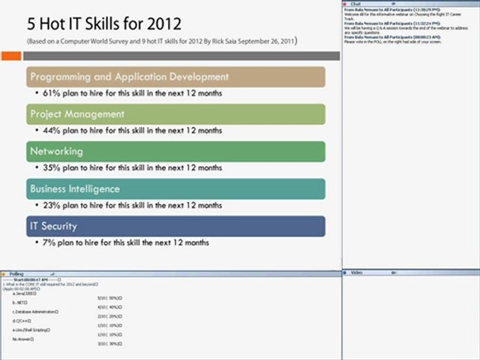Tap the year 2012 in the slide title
pyautogui.click(x=162, y=23)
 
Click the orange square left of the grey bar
pyautogui.click(x=11, y=56)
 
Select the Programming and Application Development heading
pyautogui.click(x=129, y=77)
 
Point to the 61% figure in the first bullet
pyautogui.click(x=51, y=93)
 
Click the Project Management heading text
pyautogui.click(x=77, y=114)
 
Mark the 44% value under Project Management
pyautogui.click(x=51, y=130)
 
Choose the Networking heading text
pyautogui.click(x=56, y=151)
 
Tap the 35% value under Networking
pyautogui.click(x=51, y=168)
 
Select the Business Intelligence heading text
pyautogui.click(x=75, y=189)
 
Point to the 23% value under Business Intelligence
pyautogui.click(x=51, y=205)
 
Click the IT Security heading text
pyautogui.click(x=53, y=226)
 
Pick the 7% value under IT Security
pyautogui.click(x=49, y=242)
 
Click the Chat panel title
pyautogui.click(x=355, y=3)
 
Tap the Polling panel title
pyautogui.click(x=16, y=274)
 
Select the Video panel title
pyautogui.click(x=356, y=272)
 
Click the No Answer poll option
pyautogui.click(x=23, y=339)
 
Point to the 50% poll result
pyautogui.click(x=112, y=298)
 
